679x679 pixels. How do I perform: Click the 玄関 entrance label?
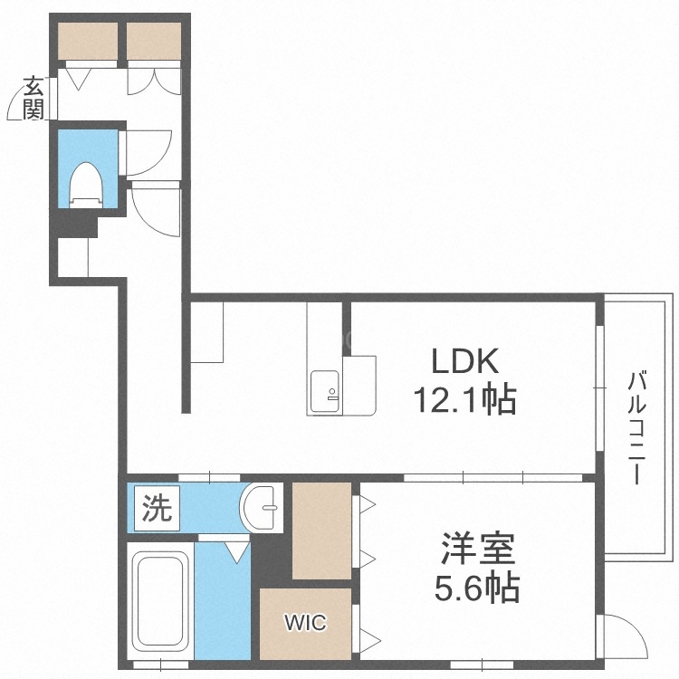[33, 99]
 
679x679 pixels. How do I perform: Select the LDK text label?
[464, 361]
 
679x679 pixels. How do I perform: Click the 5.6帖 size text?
[479, 589]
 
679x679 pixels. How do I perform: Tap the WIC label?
[304, 623]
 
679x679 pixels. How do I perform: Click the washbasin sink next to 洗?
[264, 509]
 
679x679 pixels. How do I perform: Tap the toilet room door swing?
[148, 152]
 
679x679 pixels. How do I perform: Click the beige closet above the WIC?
[321, 531]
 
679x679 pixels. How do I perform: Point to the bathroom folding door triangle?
[236, 550]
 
